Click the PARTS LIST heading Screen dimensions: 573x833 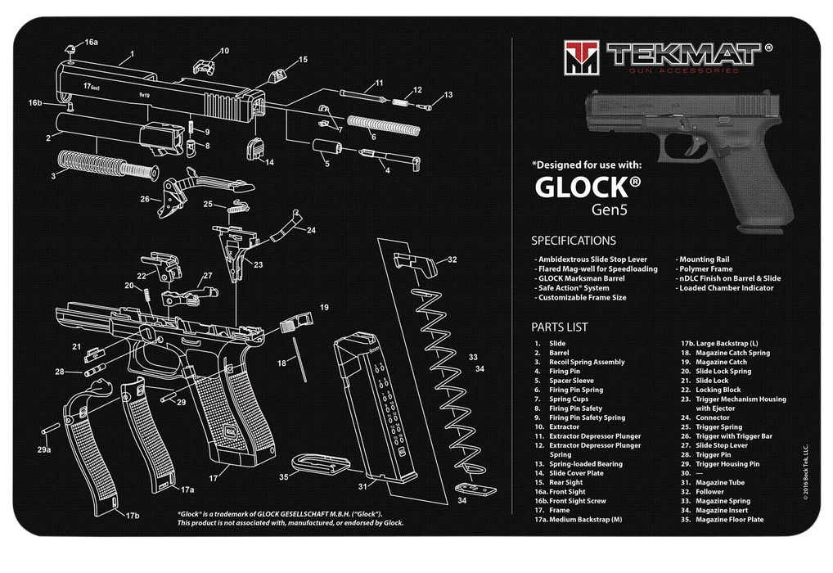tap(560, 327)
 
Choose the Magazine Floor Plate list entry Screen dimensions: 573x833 tap(730, 519)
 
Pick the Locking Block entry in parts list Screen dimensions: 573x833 tap(718, 390)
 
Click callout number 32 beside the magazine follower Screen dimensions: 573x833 tap(452, 259)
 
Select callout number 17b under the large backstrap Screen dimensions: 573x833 tap(133, 516)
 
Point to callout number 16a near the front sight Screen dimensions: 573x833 tap(91, 42)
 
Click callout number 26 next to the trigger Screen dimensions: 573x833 tap(145, 198)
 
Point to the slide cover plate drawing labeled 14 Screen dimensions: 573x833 tap(254, 149)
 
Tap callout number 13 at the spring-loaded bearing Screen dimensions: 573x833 tap(448, 95)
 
